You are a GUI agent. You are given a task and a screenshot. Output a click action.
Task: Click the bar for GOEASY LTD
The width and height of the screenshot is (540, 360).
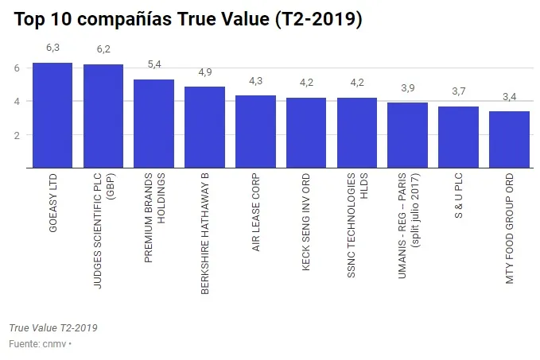[52, 115]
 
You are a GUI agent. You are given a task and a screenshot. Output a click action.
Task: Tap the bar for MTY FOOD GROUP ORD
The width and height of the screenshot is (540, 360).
[509, 140]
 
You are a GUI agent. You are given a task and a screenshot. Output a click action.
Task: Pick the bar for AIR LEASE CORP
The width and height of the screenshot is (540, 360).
[255, 132]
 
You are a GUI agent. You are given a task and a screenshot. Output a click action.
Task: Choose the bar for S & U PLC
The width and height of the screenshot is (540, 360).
[458, 137]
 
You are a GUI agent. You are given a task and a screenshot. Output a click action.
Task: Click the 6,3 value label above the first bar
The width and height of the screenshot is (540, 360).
[52, 48]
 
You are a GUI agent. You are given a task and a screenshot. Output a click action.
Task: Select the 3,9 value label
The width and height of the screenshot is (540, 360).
[407, 88]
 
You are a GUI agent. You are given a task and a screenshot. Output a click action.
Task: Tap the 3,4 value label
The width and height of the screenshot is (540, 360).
[509, 97]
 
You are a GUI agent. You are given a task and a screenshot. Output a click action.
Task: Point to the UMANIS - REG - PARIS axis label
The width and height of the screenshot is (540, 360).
[408, 223]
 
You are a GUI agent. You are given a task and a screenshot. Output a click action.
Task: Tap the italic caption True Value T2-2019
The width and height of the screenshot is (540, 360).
[52, 328]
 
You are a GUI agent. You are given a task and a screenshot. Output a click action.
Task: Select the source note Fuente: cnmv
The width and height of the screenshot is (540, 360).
[39, 344]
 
